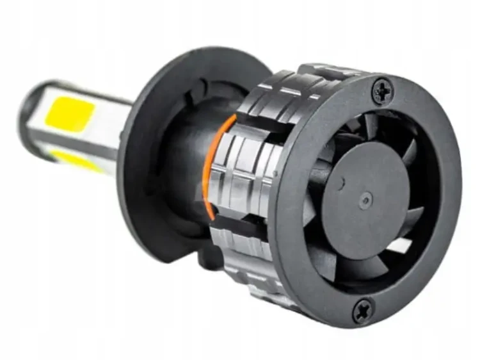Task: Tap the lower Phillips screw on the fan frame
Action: (363, 311)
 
